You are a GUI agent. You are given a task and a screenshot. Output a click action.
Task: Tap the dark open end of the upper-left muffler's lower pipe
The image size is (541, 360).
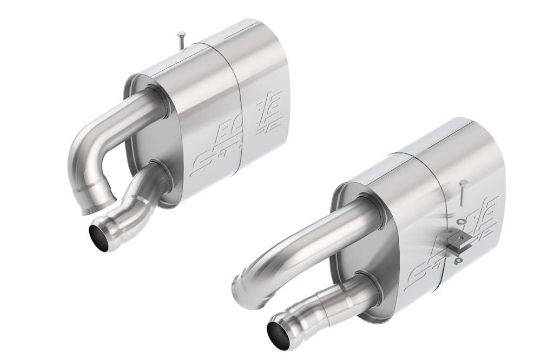point(99,238)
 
